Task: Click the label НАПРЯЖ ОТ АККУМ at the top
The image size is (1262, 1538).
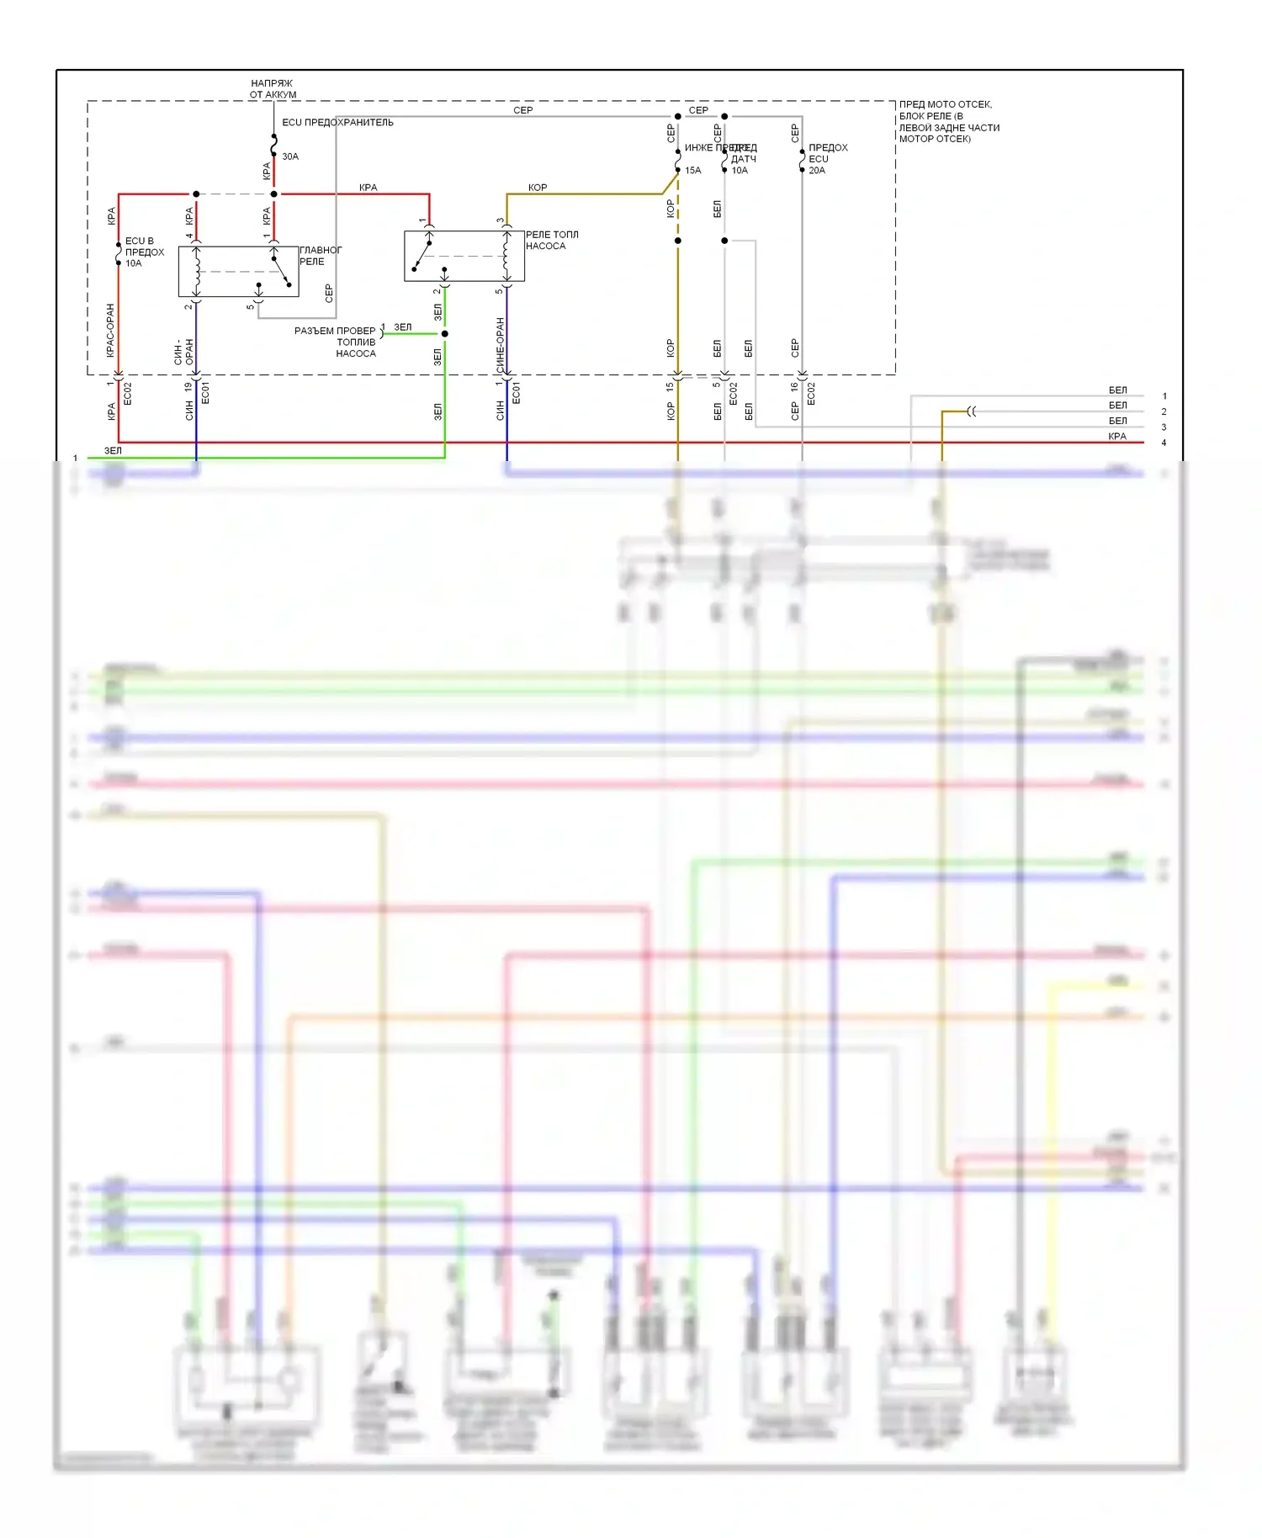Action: (x=273, y=89)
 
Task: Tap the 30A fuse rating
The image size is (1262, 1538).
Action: (x=290, y=156)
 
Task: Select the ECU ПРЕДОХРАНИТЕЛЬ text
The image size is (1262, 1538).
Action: (x=337, y=123)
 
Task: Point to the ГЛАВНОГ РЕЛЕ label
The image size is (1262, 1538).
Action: (x=320, y=256)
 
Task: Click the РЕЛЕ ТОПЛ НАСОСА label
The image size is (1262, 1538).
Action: (x=551, y=241)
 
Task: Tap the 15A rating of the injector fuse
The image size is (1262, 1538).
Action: (x=692, y=171)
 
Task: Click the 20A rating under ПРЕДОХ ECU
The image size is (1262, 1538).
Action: (x=817, y=171)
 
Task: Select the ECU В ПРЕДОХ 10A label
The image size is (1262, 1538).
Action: (x=144, y=252)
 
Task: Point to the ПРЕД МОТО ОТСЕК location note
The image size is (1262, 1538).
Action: (x=949, y=122)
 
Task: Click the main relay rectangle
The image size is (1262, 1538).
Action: (x=238, y=272)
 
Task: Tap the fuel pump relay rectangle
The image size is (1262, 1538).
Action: (x=464, y=256)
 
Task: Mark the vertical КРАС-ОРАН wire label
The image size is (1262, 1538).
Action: (x=110, y=331)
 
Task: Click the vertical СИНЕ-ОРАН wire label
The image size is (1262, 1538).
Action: (x=500, y=345)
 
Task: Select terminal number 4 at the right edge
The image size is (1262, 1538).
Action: (x=1164, y=443)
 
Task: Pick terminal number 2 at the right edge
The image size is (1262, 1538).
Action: (x=1164, y=412)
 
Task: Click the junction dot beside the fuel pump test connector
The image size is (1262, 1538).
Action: (x=445, y=334)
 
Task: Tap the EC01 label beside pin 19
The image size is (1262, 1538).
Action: (x=205, y=393)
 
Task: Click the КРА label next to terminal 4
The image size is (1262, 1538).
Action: (x=1117, y=437)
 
